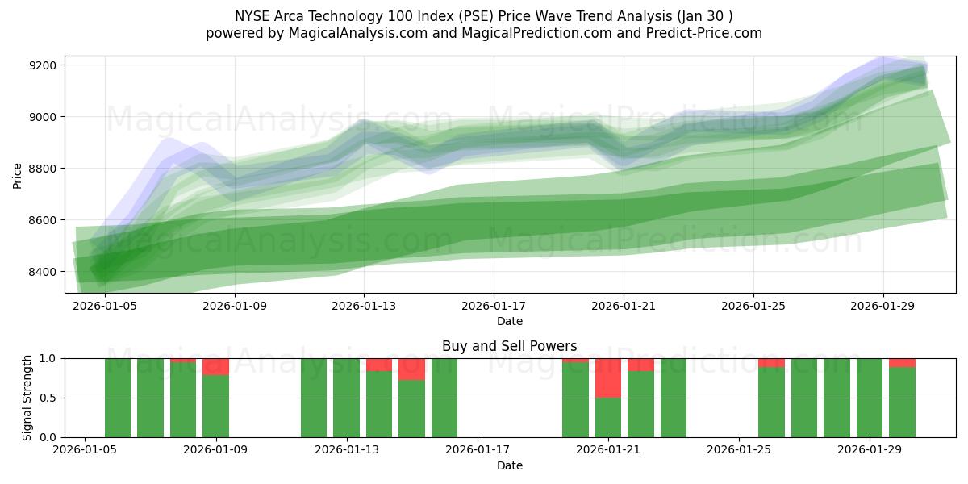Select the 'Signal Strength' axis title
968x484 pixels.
[27, 398]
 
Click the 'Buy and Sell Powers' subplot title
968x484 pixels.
[509, 346]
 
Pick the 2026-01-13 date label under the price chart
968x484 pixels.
[365, 306]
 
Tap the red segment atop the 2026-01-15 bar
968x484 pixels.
[411, 369]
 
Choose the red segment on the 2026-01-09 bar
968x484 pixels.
[215, 367]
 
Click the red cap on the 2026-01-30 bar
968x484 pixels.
[902, 363]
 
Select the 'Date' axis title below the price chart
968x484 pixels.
[509, 321]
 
